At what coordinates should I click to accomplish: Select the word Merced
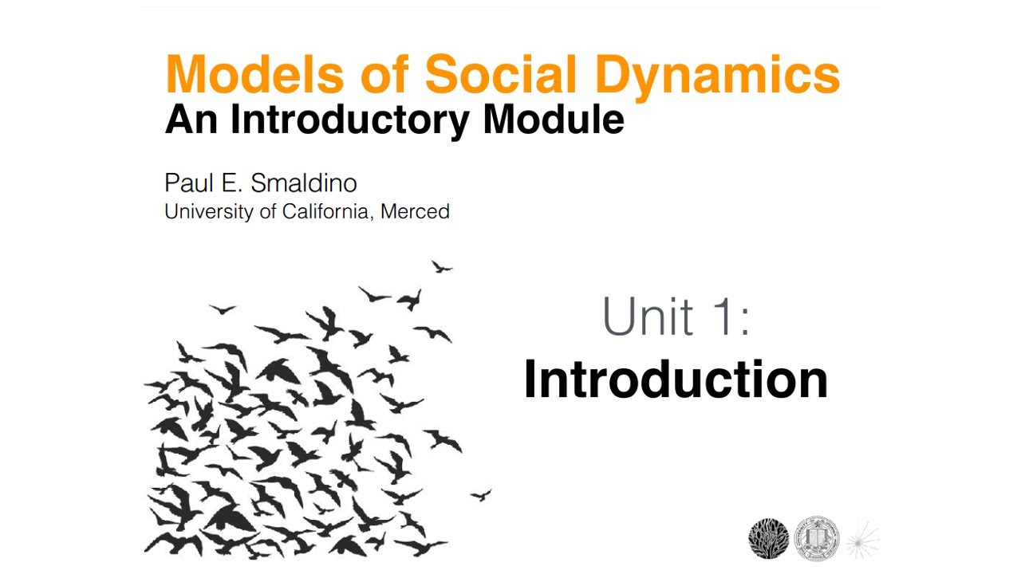pos(415,212)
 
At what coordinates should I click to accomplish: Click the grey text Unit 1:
pos(676,316)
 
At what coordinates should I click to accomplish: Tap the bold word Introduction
pos(676,379)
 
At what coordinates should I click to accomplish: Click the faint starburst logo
pos(861,540)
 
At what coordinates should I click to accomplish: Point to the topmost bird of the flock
pos(442,266)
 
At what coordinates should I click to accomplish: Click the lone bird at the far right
pos(481,495)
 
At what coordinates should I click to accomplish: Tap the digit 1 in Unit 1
pos(724,316)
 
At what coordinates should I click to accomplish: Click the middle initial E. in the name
pos(229,183)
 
